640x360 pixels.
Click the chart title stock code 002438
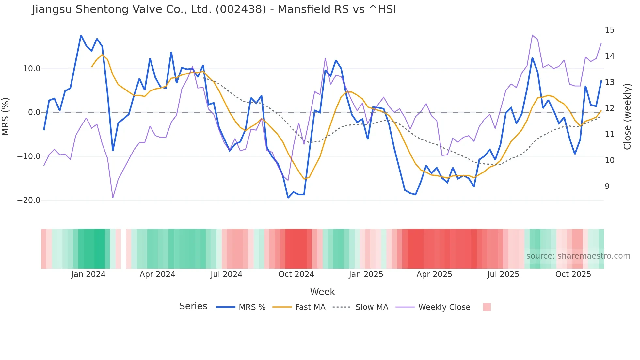[241, 9]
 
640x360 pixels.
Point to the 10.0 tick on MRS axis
[32, 69]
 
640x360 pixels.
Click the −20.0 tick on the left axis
[29, 200]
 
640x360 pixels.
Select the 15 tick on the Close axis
[609, 30]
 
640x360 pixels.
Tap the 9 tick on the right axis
[607, 187]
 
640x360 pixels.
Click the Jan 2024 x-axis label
[88, 274]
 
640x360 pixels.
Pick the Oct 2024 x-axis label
[296, 274]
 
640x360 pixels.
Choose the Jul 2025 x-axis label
[503, 274]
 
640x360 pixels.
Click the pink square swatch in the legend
[487, 307]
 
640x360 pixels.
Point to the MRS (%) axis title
[6, 117]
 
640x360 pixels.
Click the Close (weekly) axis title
[627, 117]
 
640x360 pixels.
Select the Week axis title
[322, 292]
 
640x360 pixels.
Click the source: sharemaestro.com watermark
[578, 256]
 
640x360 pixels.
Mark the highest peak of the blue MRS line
[81, 35]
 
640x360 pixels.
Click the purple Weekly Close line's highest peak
[532, 35]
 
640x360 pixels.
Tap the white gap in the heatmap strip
[123, 249]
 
